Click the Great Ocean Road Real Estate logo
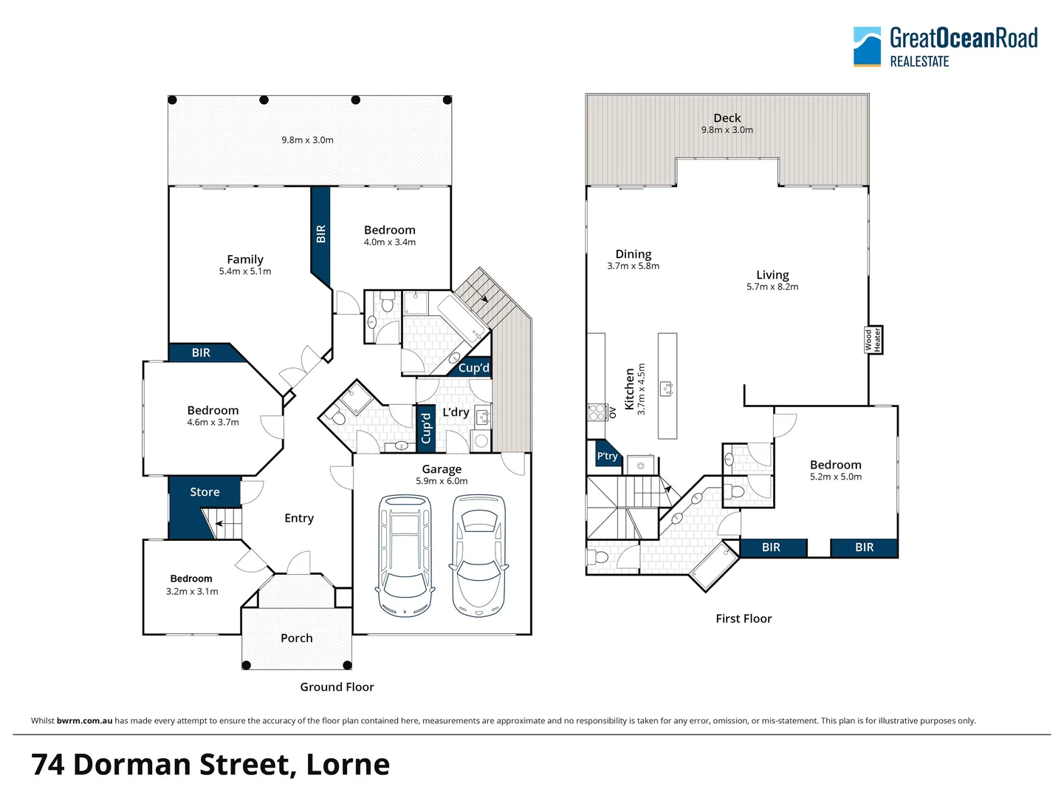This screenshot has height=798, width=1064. click(945, 47)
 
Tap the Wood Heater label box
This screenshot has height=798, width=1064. click(873, 340)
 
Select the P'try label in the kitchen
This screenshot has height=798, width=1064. click(607, 457)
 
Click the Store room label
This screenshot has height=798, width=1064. click(205, 492)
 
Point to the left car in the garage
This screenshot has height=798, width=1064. click(405, 556)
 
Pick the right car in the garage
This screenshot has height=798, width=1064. click(479, 556)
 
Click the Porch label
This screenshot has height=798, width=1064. click(296, 638)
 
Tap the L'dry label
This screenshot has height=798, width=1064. click(456, 412)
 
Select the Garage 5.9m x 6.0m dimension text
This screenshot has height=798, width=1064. click(442, 481)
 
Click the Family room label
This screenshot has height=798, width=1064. click(245, 259)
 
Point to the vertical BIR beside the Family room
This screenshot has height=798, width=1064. click(320, 233)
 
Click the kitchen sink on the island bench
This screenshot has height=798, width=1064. click(667, 387)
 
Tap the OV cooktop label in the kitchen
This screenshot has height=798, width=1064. click(612, 412)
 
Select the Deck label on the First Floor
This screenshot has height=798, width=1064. click(727, 118)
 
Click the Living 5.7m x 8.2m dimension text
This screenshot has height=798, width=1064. click(772, 287)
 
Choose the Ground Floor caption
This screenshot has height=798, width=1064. click(337, 687)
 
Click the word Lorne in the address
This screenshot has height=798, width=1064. click(348, 765)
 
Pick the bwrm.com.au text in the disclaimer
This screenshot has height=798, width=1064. click(84, 720)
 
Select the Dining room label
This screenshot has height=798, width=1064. click(634, 254)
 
